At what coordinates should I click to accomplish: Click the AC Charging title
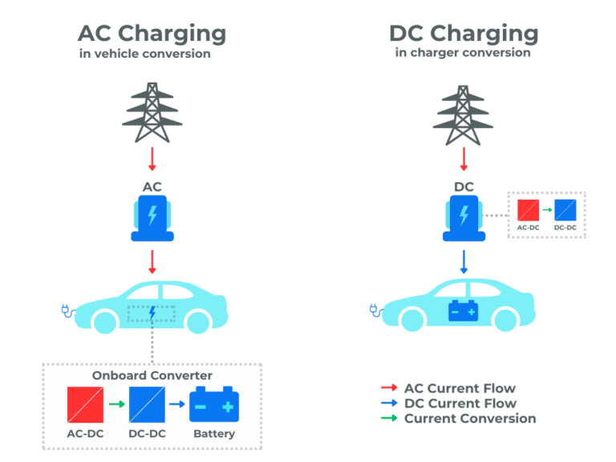[152, 34]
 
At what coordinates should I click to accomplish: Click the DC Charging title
[463, 34]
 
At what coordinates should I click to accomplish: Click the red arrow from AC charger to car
[152, 261]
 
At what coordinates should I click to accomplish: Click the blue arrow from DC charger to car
[463, 261]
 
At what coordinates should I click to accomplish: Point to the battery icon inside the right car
[463, 310]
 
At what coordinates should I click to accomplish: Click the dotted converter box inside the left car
[152, 313]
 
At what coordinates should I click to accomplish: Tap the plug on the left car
[67, 310]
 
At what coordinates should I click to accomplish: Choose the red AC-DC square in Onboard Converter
[85, 404]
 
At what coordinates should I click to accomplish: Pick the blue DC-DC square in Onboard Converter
[147, 404]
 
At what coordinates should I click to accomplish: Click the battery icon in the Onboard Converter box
[214, 404]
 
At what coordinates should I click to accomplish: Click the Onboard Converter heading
[152, 375]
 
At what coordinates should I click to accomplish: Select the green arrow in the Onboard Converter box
[116, 404]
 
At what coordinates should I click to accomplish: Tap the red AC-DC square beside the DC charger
[528, 211]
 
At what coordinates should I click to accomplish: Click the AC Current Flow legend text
[460, 388]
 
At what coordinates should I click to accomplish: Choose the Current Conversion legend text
[470, 419]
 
